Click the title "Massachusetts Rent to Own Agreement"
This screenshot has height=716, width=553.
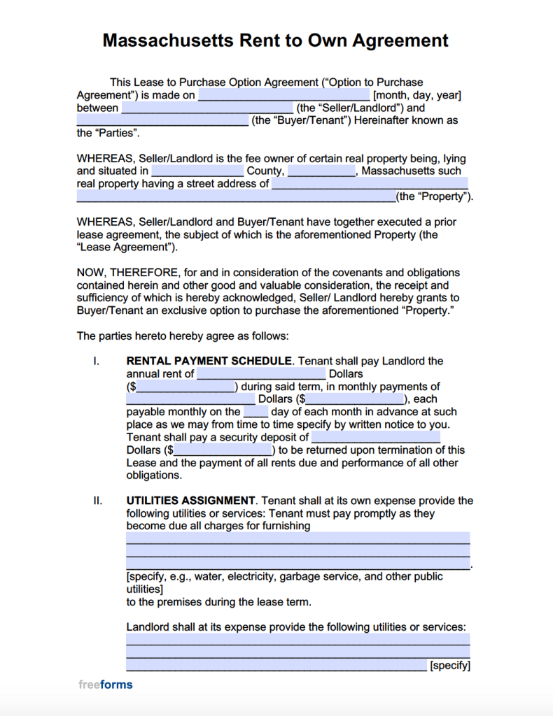tap(276, 41)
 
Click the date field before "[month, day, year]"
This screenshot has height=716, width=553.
tap(284, 95)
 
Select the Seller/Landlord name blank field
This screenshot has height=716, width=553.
tap(207, 108)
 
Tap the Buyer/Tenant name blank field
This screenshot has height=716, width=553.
tap(162, 120)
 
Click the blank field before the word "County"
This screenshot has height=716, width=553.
tap(197, 171)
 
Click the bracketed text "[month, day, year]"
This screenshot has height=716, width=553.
tap(416, 95)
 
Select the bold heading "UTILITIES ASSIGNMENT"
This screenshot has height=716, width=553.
tap(190, 501)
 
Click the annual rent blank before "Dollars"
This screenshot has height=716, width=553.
tap(261, 373)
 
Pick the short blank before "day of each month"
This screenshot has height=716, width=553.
tap(255, 412)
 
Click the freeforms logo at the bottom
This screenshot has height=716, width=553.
tap(105, 685)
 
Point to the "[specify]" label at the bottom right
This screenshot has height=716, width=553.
tap(449, 666)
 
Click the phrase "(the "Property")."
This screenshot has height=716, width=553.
tap(435, 196)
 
